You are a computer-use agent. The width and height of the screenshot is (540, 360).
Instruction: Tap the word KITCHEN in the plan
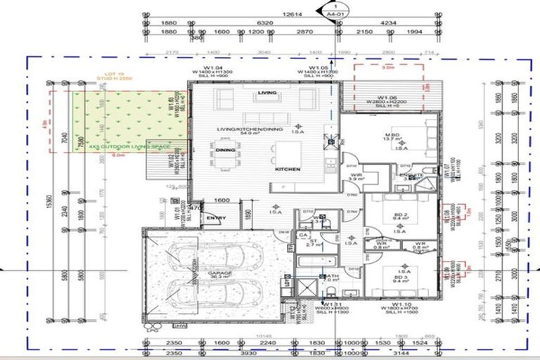pos(288,169)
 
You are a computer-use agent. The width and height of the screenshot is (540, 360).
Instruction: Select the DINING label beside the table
pos(225,150)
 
